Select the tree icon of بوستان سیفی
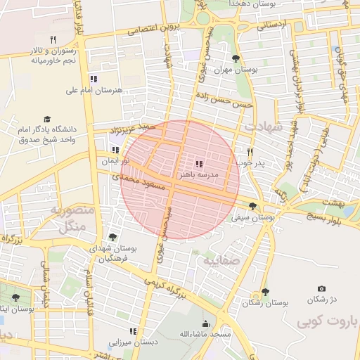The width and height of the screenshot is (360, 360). coord(252,207)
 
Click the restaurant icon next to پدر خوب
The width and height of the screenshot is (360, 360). coord(250,152)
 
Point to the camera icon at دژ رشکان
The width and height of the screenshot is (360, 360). coord(321,289)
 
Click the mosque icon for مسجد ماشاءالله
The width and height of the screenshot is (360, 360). coord(205,323)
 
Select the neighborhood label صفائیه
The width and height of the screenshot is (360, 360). coord(221,260)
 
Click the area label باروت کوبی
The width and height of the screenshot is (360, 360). coord(327,322)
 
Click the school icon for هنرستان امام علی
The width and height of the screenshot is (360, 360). coord(93,79)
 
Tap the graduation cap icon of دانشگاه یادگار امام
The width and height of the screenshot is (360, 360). coord(48,120)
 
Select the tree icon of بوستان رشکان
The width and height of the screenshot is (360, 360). coord(265,291)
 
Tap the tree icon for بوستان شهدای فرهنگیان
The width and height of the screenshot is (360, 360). coord(112,238)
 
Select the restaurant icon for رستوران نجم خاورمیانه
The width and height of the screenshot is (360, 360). coord(53,39)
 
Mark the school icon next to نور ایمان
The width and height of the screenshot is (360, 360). coord(115,150)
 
